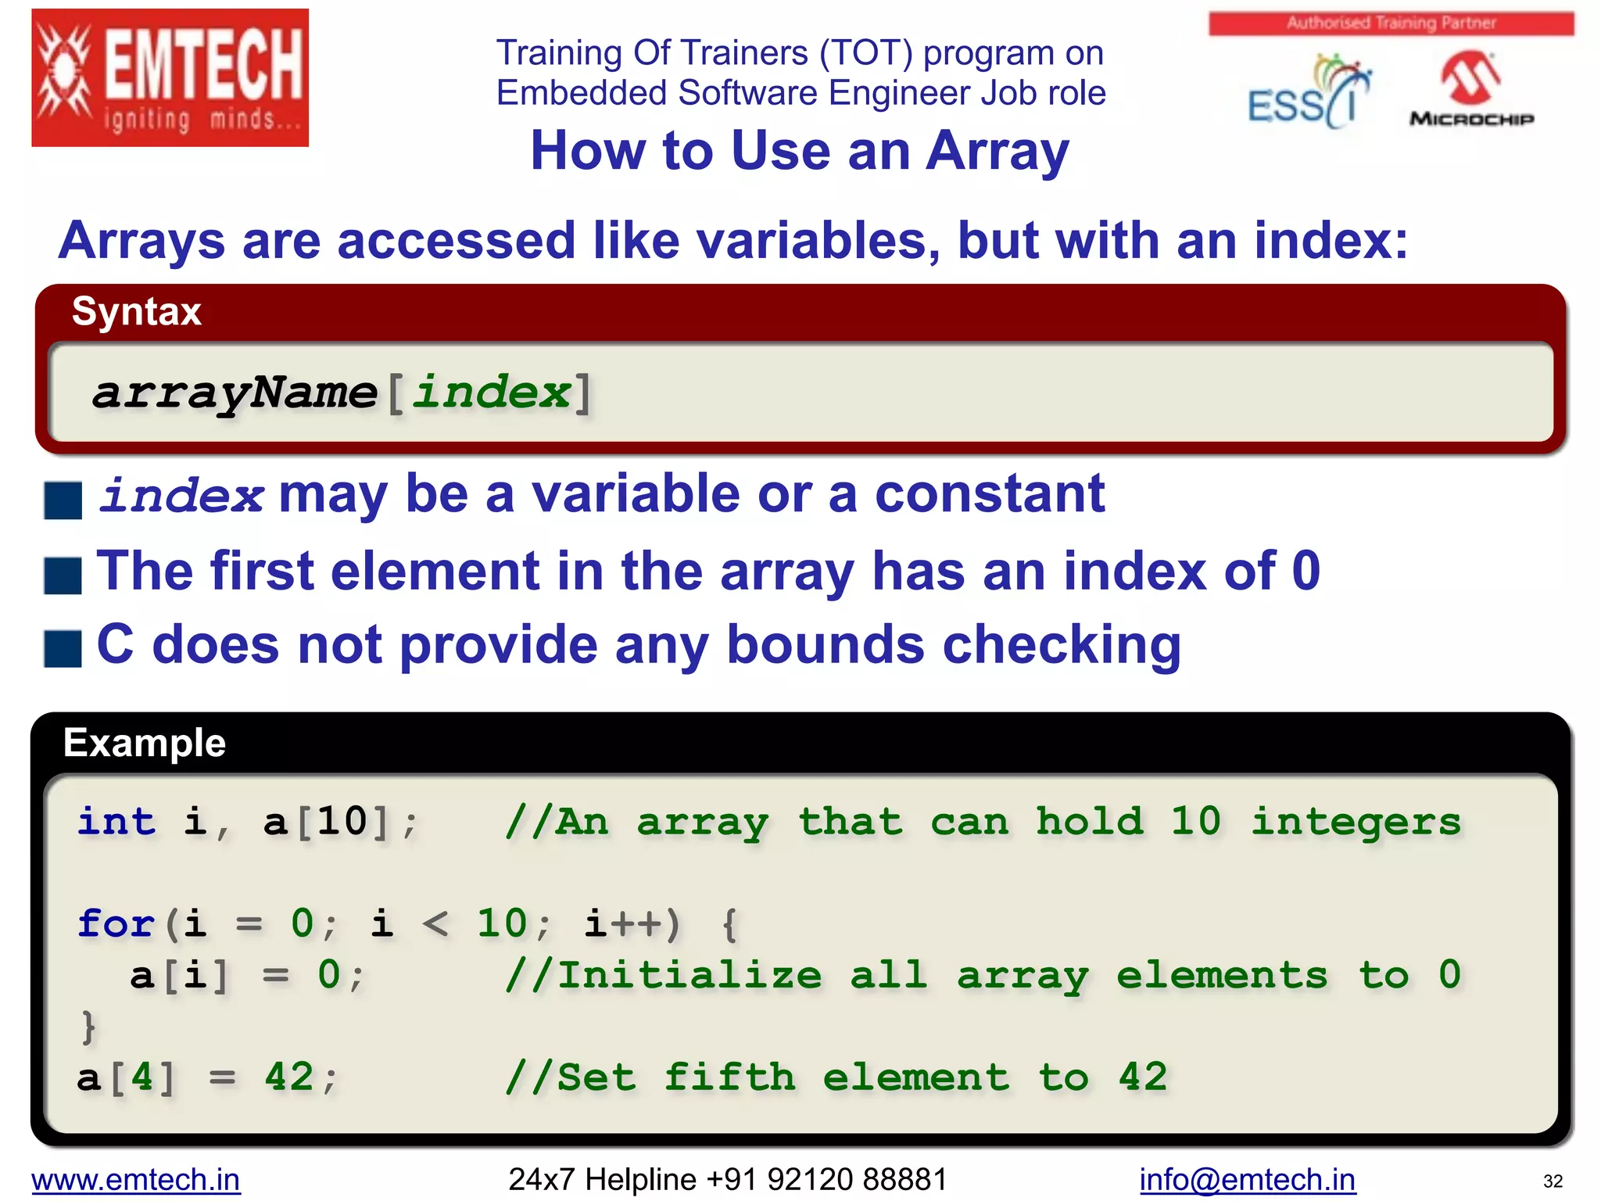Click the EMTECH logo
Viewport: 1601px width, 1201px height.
170,78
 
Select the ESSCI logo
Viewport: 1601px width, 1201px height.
1307,92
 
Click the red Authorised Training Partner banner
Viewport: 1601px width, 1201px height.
1391,23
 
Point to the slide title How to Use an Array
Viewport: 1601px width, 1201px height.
799,150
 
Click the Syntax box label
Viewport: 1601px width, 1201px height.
137,311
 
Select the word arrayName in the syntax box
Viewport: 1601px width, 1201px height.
235,393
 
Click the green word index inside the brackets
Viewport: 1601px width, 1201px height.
491,393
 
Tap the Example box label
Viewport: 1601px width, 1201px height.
145,743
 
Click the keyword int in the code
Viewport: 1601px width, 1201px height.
116,822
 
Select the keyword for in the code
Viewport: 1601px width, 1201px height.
116,923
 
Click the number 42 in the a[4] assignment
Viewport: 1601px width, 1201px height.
289,1077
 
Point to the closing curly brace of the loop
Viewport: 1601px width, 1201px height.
88,1027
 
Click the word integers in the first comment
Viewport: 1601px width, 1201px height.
1356,822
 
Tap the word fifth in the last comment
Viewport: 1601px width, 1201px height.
729,1077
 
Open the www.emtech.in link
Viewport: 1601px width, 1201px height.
136,1179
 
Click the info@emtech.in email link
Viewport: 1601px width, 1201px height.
1247,1179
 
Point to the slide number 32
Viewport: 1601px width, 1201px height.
1553,1181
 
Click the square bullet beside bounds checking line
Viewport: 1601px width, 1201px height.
63,649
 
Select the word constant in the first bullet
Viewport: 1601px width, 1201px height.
990,494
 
